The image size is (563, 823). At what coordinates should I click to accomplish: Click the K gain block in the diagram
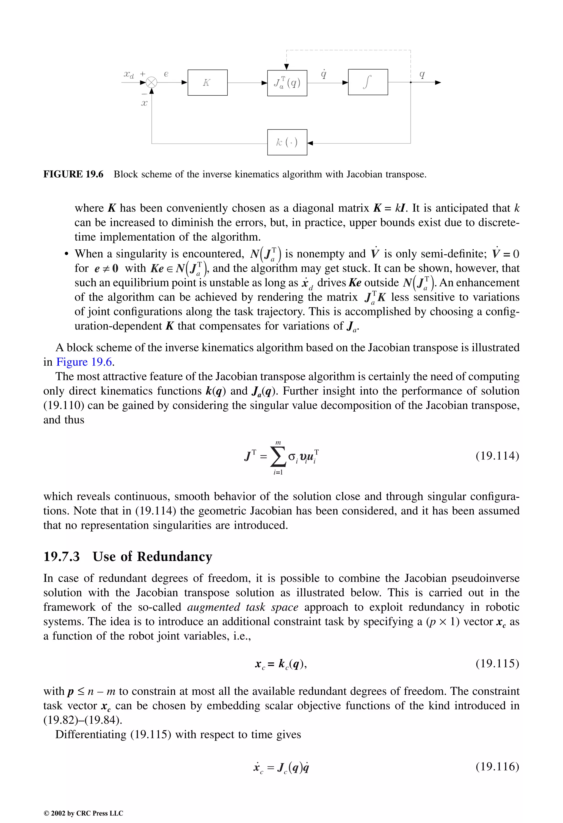point(207,82)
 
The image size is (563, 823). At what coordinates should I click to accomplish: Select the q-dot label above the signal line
point(324,74)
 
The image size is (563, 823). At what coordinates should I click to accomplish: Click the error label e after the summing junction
point(166,74)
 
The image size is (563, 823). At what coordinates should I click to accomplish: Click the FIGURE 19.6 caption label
point(73,174)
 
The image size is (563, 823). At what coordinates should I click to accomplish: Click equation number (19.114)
point(497,455)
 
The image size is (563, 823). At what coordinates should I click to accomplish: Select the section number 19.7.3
point(62,557)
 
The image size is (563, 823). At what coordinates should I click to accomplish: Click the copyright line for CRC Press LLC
point(83,813)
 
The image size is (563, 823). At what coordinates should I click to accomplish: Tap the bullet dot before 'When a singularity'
point(66,255)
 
